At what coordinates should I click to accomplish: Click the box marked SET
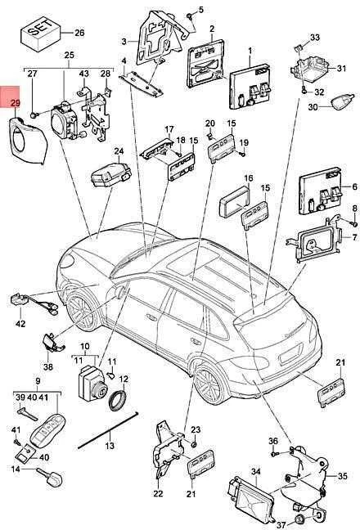(41, 34)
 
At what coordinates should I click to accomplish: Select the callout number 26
(79, 33)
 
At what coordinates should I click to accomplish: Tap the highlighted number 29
(16, 103)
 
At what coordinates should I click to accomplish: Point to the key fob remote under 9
(47, 431)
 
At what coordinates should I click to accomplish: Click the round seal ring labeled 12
(118, 400)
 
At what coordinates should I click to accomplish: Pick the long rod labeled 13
(108, 429)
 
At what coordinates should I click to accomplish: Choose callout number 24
(119, 150)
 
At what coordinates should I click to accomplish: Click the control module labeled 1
(251, 86)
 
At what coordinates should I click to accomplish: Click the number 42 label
(20, 323)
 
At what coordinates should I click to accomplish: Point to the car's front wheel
(82, 312)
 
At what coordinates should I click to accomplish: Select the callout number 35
(343, 476)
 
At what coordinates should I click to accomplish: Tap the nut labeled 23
(195, 444)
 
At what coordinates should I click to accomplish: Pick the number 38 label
(48, 366)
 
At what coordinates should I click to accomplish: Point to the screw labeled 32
(304, 90)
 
